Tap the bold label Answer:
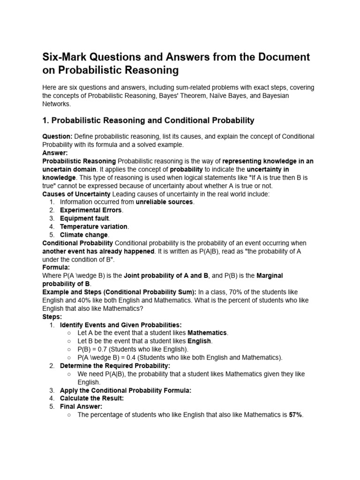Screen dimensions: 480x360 [x=55, y=153]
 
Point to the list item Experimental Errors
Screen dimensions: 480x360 [x=91, y=210]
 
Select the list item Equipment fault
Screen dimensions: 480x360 [x=84, y=218]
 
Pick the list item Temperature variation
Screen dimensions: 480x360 [x=94, y=226]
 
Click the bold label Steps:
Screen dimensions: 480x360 [x=52, y=316]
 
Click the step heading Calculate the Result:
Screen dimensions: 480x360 [x=92, y=398]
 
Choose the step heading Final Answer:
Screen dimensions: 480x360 [x=81, y=406]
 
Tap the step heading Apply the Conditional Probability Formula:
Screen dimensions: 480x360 [x=125, y=390]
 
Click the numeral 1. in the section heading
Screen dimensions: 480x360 [x=45, y=120]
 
